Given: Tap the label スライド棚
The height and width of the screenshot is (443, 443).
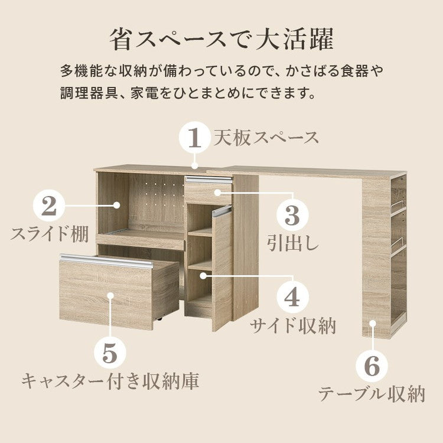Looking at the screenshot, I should pos(49,234).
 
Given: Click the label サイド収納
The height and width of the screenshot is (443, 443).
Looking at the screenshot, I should pos(293,325).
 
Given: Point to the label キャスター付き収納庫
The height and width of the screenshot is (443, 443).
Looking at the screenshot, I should pos(110,380).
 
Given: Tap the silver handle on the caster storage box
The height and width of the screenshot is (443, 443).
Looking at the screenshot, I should pos(106,260).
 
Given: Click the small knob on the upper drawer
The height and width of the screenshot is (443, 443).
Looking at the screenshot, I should pos(218,192).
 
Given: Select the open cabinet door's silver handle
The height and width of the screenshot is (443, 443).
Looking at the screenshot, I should pos(222,210).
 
